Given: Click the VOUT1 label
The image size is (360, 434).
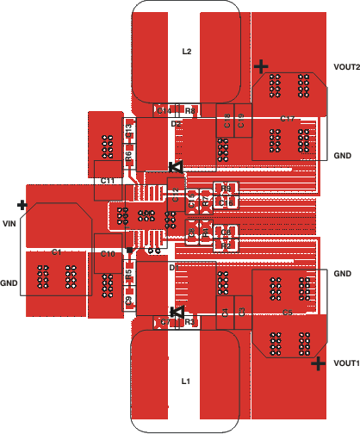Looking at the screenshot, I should click(345, 363).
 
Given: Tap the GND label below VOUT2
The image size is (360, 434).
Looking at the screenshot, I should click(342, 157).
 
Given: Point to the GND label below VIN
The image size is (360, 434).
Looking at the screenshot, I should click(9, 282).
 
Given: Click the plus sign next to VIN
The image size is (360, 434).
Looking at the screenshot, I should click(22, 206).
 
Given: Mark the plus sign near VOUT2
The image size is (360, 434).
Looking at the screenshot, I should click(262, 66).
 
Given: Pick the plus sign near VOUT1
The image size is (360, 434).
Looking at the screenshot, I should click(318, 364).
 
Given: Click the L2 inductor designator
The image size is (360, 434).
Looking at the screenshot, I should click(186, 51).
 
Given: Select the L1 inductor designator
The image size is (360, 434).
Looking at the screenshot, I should click(185, 380).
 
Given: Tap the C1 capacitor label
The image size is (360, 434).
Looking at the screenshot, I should click(56, 252).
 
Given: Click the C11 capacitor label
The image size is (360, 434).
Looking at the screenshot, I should click(108, 181).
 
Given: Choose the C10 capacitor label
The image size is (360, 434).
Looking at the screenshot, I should click(108, 254).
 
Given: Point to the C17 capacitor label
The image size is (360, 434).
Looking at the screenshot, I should click(288, 118).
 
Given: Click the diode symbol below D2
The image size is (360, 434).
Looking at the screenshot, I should click(175, 166).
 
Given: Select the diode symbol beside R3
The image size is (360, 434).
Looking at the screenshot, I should click(176, 312).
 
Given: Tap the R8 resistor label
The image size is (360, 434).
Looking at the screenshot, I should click(189, 110).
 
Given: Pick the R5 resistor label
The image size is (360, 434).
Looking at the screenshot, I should click(128, 275).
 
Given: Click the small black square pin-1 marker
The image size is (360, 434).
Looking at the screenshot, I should click(130, 250).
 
